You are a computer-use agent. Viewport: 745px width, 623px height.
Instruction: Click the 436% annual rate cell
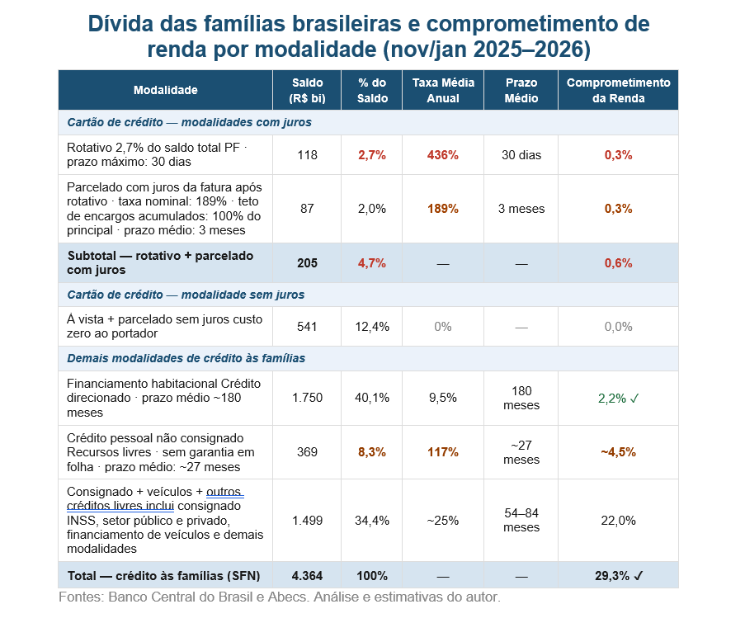tap(442, 155)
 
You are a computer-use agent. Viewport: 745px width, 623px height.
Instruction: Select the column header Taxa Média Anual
tap(442, 90)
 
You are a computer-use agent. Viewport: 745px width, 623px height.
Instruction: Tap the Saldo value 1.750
tap(307, 398)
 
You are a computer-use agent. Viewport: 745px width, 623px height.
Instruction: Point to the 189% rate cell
tap(442, 209)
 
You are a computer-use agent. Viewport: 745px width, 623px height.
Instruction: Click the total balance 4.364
tap(307, 575)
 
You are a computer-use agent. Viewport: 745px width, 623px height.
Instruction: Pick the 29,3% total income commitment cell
tap(618, 575)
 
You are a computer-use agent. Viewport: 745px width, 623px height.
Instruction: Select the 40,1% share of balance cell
tap(372, 398)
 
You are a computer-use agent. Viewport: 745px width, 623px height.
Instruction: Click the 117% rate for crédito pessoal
tap(442, 452)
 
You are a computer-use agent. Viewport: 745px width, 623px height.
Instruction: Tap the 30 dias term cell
tap(521, 155)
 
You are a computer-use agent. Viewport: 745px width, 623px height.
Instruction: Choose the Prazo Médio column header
tap(521, 90)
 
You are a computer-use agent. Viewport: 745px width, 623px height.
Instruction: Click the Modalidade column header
tap(166, 90)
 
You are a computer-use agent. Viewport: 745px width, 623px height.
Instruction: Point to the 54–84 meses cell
tap(521, 520)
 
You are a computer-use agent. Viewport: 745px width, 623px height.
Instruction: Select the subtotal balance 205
tap(307, 263)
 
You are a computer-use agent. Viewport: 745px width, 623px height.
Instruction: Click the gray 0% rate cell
tap(442, 327)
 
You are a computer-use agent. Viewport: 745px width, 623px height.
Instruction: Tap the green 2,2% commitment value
tap(618, 398)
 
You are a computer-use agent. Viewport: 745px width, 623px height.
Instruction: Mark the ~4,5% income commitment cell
tap(618, 452)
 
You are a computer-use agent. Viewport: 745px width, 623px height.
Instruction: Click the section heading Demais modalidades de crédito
tap(186, 358)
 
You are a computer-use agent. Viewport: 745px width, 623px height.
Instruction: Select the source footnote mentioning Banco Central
tap(280, 597)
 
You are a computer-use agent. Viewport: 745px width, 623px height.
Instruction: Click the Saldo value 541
tap(307, 327)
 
